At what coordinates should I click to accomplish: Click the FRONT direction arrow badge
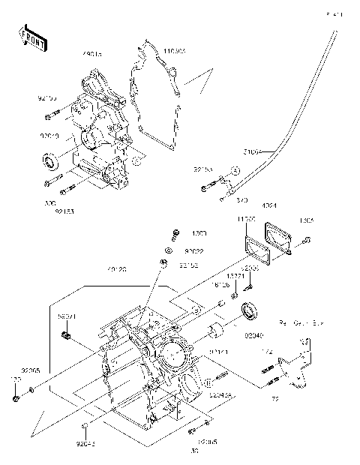click(31, 38)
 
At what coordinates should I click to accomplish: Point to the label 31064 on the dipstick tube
click(251, 151)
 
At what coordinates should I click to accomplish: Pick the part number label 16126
click(221, 285)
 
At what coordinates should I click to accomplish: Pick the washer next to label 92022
click(169, 250)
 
